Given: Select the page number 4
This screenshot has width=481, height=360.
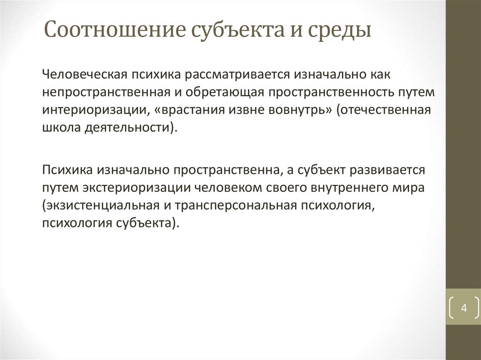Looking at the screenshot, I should [464, 308].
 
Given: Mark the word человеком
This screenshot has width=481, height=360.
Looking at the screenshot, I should [223, 187].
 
